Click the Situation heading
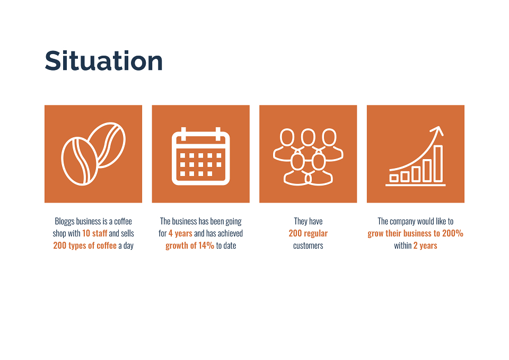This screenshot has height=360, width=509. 103,60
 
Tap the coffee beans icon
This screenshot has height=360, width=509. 93,154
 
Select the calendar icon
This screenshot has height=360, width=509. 200,156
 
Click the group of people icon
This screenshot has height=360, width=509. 308,157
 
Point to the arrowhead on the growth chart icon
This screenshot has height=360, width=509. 438,130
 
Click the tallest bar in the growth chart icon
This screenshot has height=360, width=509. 438,164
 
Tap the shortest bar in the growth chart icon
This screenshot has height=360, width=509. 394,178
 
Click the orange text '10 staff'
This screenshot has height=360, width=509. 94,233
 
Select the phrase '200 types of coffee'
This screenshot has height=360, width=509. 85,245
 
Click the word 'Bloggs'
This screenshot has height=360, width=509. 65,222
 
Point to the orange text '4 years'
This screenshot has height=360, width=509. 180,233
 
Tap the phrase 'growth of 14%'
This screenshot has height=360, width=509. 190,245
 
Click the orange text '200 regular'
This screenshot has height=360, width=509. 308,233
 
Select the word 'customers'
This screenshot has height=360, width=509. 308,245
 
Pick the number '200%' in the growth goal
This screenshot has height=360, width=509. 452,233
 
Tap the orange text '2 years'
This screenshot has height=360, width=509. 425,245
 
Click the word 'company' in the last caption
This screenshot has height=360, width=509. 402,222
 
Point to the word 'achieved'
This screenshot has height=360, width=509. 230,233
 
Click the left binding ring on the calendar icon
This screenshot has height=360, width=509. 183,134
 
